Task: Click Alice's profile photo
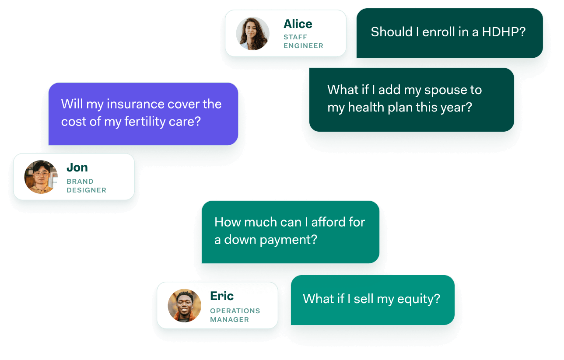pos(252,34)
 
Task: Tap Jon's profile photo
pos(41,177)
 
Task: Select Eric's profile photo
pos(185,305)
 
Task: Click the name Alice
pos(298,24)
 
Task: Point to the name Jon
pos(77,168)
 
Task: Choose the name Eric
pos(222,296)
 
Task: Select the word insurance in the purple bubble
pos(136,104)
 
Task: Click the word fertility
pos(145,122)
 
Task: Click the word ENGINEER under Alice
pos(303,46)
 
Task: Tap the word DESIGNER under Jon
pos(86,190)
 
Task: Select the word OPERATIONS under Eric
pos(235,311)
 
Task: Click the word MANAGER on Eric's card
pos(229,320)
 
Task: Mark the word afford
pos(328,222)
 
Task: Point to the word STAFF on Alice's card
pos(295,37)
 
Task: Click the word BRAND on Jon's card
pos(80,181)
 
